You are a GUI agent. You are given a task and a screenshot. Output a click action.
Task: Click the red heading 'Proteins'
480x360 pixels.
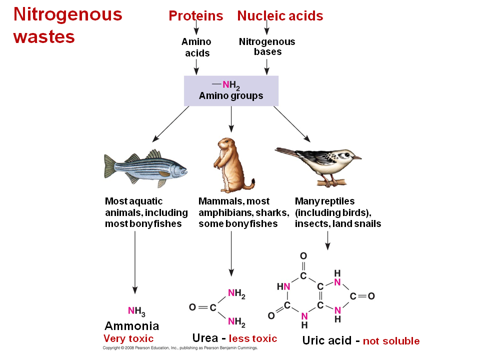pyautogui.click(x=195, y=16)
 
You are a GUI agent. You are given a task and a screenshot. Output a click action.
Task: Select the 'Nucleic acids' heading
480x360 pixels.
pyautogui.click(x=280, y=16)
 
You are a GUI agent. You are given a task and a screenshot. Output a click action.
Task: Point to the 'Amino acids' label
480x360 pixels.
pyautogui.click(x=196, y=47)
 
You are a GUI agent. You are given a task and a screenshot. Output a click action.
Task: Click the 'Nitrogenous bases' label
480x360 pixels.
pyautogui.click(x=267, y=46)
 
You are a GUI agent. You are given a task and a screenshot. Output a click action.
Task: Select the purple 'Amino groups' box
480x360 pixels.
pyautogui.click(x=231, y=90)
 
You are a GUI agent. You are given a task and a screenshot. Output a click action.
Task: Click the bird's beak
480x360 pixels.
pyautogui.click(x=356, y=157)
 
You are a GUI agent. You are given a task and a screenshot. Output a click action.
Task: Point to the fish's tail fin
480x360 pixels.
pyautogui.click(x=110, y=166)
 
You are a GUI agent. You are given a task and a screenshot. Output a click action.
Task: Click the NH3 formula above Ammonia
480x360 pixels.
pyautogui.click(x=136, y=311)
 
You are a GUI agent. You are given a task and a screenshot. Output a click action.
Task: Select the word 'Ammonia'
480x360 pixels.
pyautogui.click(x=131, y=326)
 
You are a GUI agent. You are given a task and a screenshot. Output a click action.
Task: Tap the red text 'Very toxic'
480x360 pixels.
pyautogui.click(x=128, y=339)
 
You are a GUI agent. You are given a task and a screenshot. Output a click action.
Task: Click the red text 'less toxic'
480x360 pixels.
pyautogui.click(x=253, y=338)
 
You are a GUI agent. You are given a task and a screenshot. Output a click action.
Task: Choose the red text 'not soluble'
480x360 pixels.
pyautogui.click(x=391, y=341)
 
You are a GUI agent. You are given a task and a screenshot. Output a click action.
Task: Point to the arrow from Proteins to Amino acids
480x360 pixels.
pyautogui.click(x=196, y=28)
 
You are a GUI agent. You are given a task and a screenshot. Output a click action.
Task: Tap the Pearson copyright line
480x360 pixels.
pyautogui.click(x=180, y=347)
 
